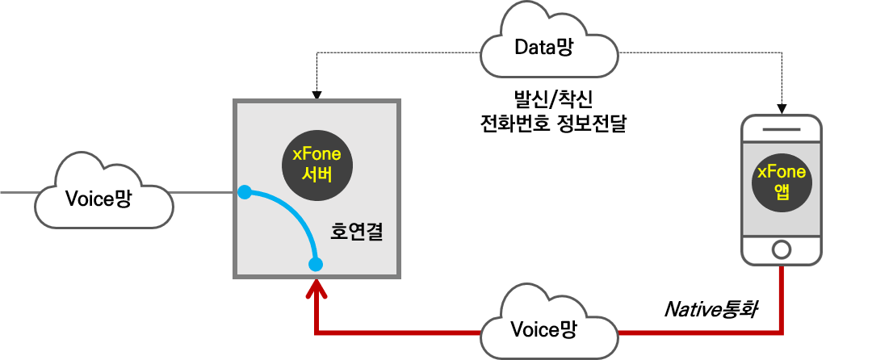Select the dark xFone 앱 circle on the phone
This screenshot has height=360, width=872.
781,181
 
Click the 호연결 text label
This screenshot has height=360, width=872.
356,232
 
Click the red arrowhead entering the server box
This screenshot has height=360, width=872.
316,288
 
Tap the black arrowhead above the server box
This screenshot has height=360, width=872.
317,95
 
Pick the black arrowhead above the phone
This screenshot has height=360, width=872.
782,109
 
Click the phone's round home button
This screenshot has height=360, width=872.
781,249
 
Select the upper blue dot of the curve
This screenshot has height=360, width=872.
245,192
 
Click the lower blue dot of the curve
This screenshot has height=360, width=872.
316,264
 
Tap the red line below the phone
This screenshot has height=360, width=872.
782,299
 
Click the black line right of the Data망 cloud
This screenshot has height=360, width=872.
702,52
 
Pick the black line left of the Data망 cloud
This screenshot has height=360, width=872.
396,52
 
